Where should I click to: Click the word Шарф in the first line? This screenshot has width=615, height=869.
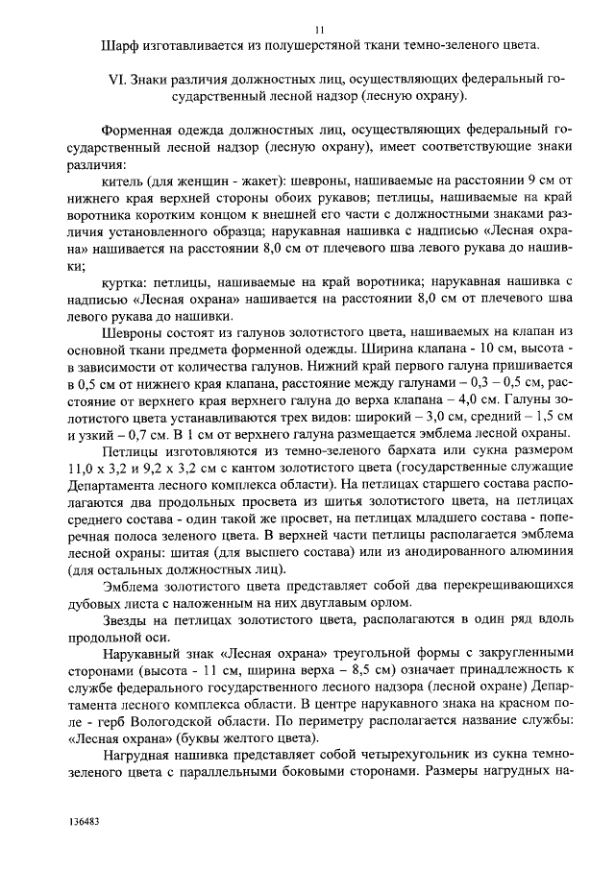coord(119,45)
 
